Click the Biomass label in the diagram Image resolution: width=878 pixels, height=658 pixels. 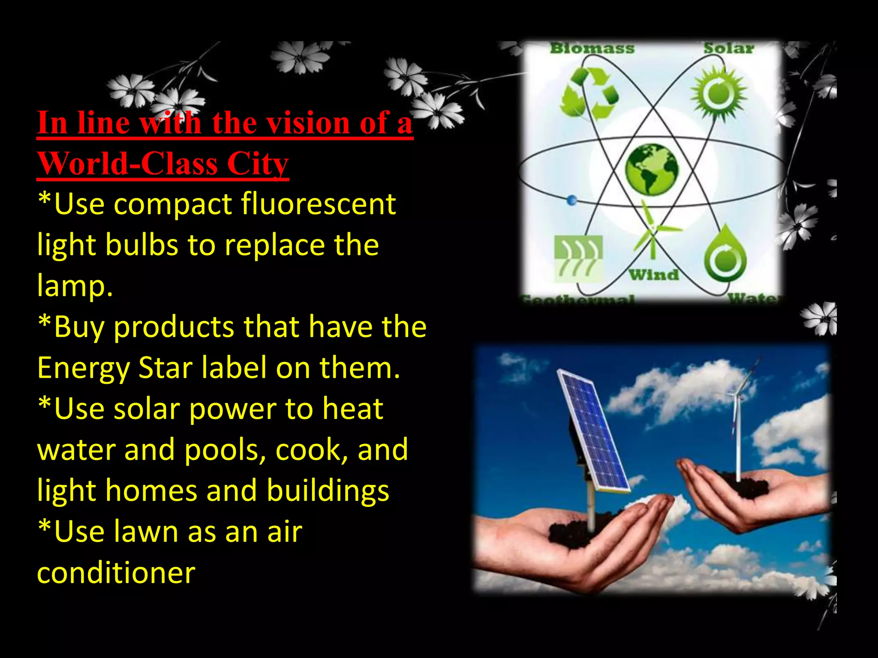pyautogui.click(x=592, y=48)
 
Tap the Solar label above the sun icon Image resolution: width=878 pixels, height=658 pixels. pyautogui.click(x=728, y=48)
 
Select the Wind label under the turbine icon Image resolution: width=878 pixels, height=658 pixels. pyautogui.click(x=654, y=274)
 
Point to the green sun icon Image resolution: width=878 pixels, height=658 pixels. pyautogui.click(x=719, y=93)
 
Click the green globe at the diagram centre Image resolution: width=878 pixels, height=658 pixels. pyautogui.click(x=652, y=170)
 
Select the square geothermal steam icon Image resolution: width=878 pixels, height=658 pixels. pyautogui.click(x=578, y=258)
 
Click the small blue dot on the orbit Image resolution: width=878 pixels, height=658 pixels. pyautogui.click(x=571, y=200)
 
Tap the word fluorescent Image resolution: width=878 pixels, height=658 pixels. pyautogui.click(x=318, y=204)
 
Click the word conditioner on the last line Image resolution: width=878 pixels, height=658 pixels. pyautogui.click(x=116, y=573)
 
